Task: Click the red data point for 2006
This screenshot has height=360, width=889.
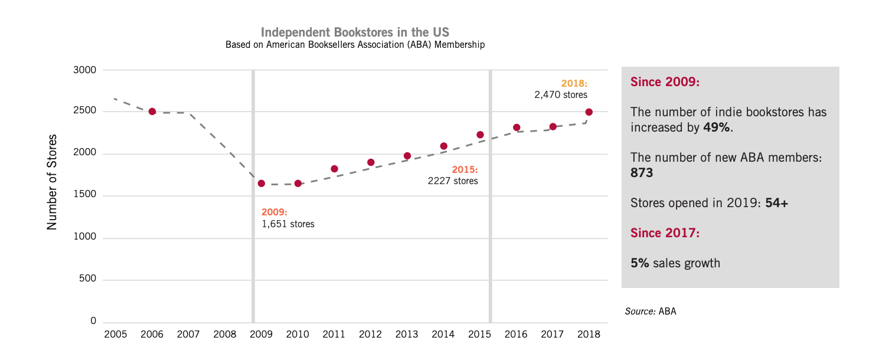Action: coord(152,112)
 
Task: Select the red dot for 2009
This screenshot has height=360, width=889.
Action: coord(262,184)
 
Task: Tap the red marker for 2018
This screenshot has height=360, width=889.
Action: coord(589,112)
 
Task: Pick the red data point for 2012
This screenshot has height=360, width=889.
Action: coord(371,162)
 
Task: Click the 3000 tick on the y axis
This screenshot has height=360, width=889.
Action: coord(84,70)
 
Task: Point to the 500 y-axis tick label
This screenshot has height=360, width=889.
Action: coord(87,279)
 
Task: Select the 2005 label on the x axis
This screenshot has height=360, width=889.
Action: coord(115,335)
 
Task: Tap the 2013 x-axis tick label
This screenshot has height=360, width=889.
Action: coord(407,335)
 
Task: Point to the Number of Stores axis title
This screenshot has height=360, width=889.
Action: coord(53,182)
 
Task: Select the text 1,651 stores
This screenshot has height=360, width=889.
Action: coord(288,224)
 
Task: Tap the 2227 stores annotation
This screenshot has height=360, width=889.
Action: coord(453,181)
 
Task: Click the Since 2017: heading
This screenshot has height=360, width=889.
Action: coord(665,233)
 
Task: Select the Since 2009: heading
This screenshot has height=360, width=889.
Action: coord(665,82)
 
